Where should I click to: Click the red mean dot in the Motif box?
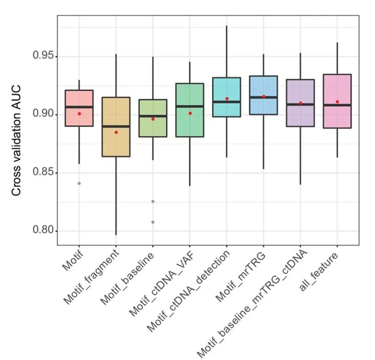click(x=79, y=114)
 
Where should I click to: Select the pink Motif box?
click(x=79, y=100)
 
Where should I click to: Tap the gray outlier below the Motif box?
click(x=79, y=183)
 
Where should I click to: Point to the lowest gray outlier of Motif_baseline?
click(x=153, y=222)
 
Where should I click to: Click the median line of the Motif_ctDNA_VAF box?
click(x=190, y=106)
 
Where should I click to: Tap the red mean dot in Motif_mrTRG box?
click(x=264, y=96)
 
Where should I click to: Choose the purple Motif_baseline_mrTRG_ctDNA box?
click(x=301, y=115)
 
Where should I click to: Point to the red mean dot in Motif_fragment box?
click(x=116, y=132)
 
